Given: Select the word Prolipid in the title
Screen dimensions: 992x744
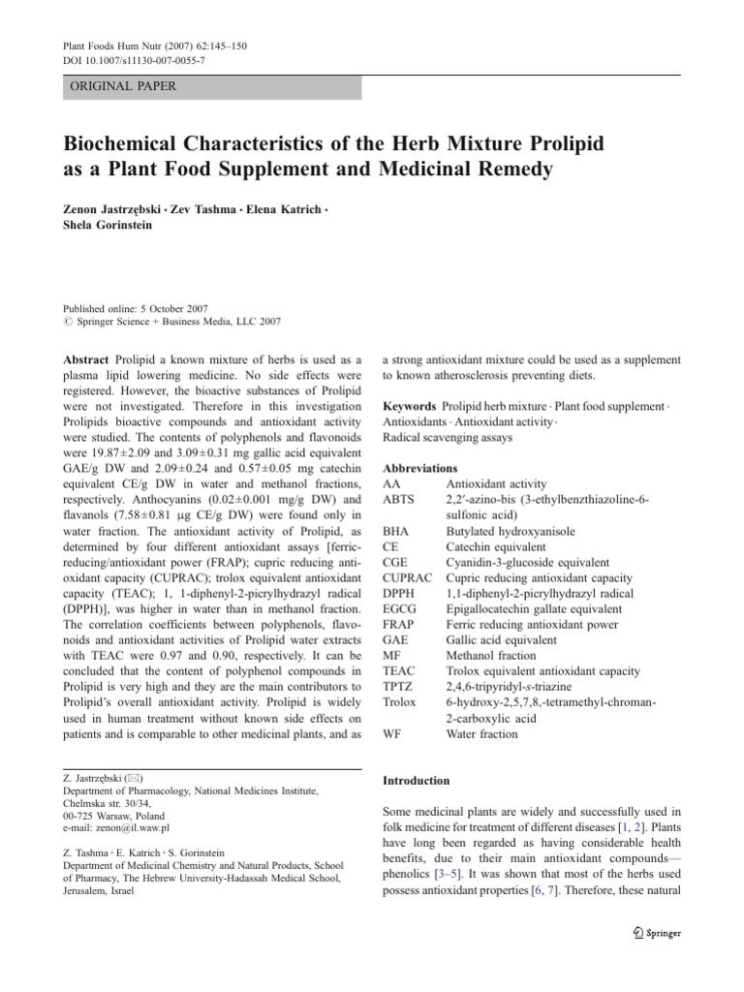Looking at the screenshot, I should (x=561, y=143).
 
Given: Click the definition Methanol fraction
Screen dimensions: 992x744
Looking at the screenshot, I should (x=490, y=656).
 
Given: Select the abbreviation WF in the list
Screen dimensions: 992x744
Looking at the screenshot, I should (x=392, y=733).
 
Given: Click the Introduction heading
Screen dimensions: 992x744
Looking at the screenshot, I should (x=417, y=780).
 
